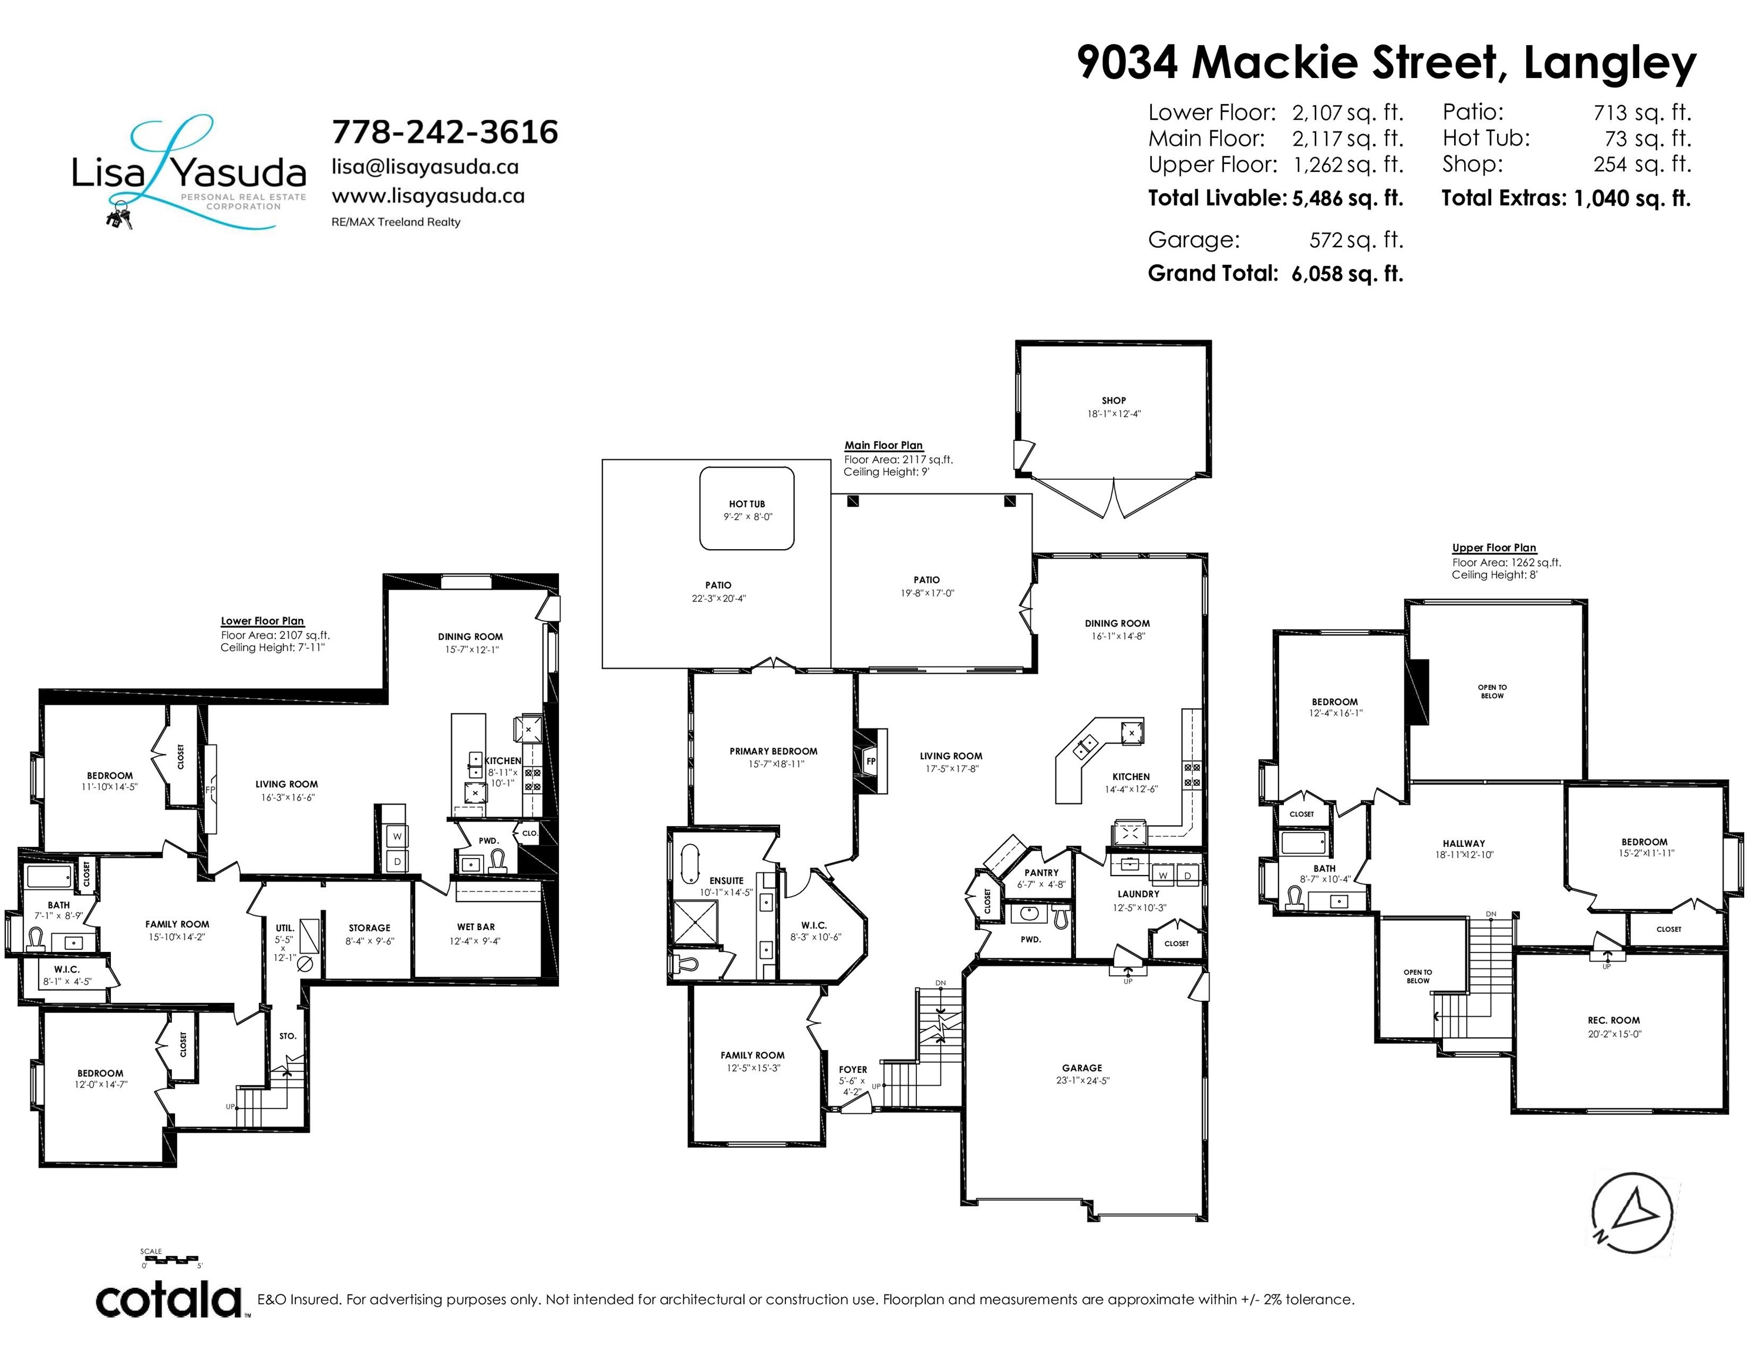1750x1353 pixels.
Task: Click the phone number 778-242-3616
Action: (445, 132)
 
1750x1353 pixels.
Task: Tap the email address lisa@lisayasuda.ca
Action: (426, 167)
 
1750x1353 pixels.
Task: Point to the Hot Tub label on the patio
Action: (747, 504)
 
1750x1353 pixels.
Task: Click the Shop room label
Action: (1114, 400)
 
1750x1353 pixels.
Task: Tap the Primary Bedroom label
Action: (773, 751)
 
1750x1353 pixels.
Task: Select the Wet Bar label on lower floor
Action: (476, 927)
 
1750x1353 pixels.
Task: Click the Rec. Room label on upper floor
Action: (1614, 1021)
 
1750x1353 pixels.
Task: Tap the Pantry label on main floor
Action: (1041, 873)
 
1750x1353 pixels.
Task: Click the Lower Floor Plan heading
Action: (263, 621)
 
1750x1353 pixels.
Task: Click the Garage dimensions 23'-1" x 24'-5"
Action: (1083, 1081)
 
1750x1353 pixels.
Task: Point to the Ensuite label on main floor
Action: (727, 881)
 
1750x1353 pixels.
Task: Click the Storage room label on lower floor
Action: (369, 928)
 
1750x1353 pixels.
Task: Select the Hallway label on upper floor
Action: (1464, 844)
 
